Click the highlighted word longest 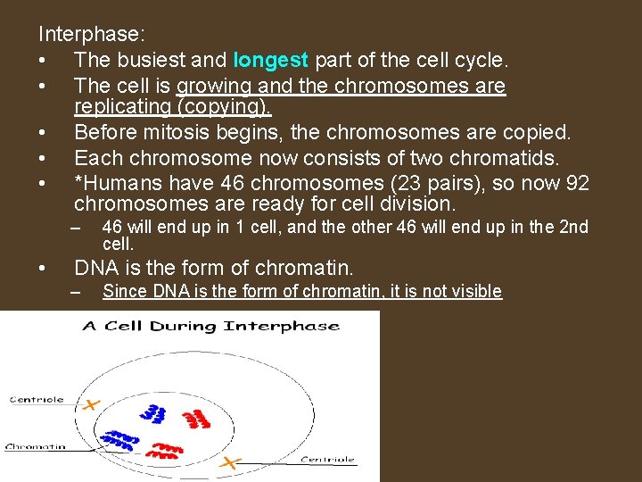pyautogui.click(x=270, y=62)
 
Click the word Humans pyautogui.click(x=119, y=184)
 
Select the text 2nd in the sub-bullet pyautogui.click(x=573, y=227)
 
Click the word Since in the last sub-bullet pyautogui.click(x=124, y=291)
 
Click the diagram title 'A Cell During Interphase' pyautogui.click(x=210, y=326)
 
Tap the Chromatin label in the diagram pyautogui.click(x=36, y=446)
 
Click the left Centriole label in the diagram pyautogui.click(x=37, y=400)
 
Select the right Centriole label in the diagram pyautogui.click(x=328, y=460)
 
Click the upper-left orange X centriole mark pyautogui.click(x=89, y=404)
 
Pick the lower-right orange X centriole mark pyautogui.click(x=231, y=462)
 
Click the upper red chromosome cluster pyautogui.click(x=195, y=419)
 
